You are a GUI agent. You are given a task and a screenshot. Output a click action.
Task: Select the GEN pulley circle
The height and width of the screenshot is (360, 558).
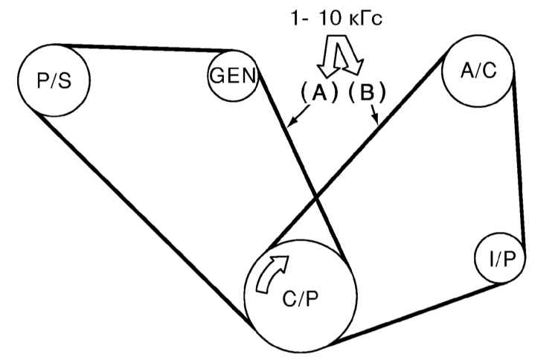(232, 77)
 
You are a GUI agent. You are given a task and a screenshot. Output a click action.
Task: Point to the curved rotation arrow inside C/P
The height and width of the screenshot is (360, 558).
(269, 274)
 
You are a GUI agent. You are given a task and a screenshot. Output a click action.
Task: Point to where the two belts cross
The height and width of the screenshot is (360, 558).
(318, 198)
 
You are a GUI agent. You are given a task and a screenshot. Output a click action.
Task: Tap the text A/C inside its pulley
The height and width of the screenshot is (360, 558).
(478, 71)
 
